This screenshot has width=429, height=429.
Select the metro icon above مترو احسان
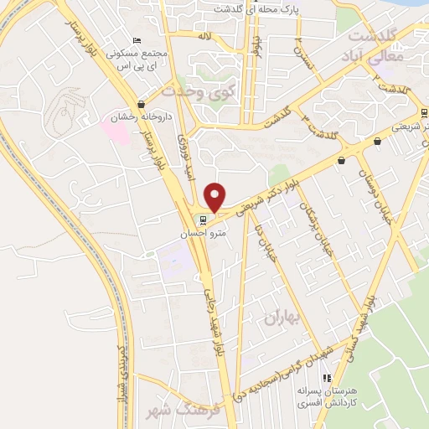point(199,221)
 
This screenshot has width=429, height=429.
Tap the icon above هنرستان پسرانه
point(327,378)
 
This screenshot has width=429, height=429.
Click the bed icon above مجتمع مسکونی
point(137,41)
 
